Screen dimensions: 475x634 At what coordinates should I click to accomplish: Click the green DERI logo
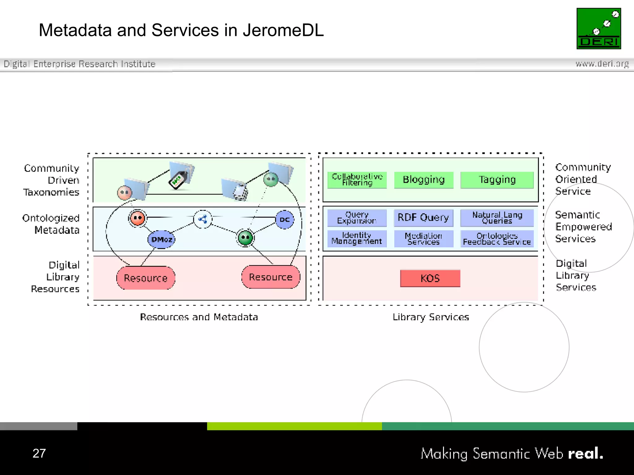(x=598, y=28)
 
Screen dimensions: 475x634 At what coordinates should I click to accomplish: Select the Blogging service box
(x=423, y=180)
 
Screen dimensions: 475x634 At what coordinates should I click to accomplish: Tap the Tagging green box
(x=497, y=180)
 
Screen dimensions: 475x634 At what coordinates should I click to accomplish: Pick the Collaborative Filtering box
(x=357, y=180)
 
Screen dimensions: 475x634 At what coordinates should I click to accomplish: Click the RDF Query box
(x=423, y=218)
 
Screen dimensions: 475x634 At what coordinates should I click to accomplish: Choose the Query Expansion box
(x=357, y=218)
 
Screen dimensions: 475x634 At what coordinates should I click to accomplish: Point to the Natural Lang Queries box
(x=497, y=218)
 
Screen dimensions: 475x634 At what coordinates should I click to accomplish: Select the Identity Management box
(x=357, y=238)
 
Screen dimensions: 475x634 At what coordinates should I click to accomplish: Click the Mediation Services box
(x=423, y=238)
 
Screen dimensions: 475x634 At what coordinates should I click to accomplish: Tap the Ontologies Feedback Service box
(x=497, y=238)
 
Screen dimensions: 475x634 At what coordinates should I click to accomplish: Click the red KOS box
(x=430, y=278)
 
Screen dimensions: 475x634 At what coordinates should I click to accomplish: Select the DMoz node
(x=162, y=239)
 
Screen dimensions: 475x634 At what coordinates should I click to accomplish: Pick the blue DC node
(x=284, y=220)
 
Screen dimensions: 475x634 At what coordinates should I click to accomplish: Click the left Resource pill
(x=145, y=278)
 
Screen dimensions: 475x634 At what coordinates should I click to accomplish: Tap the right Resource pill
(x=271, y=277)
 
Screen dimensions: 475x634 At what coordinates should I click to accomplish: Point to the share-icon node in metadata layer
(x=203, y=219)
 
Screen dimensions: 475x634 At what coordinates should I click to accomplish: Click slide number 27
(x=39, y=453)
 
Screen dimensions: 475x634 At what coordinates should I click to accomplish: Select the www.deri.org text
(x=602, y=64)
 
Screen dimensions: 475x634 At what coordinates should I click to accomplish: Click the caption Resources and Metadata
(x=199, y=317)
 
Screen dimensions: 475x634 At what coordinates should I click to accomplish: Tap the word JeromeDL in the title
(x=283, y=30)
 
